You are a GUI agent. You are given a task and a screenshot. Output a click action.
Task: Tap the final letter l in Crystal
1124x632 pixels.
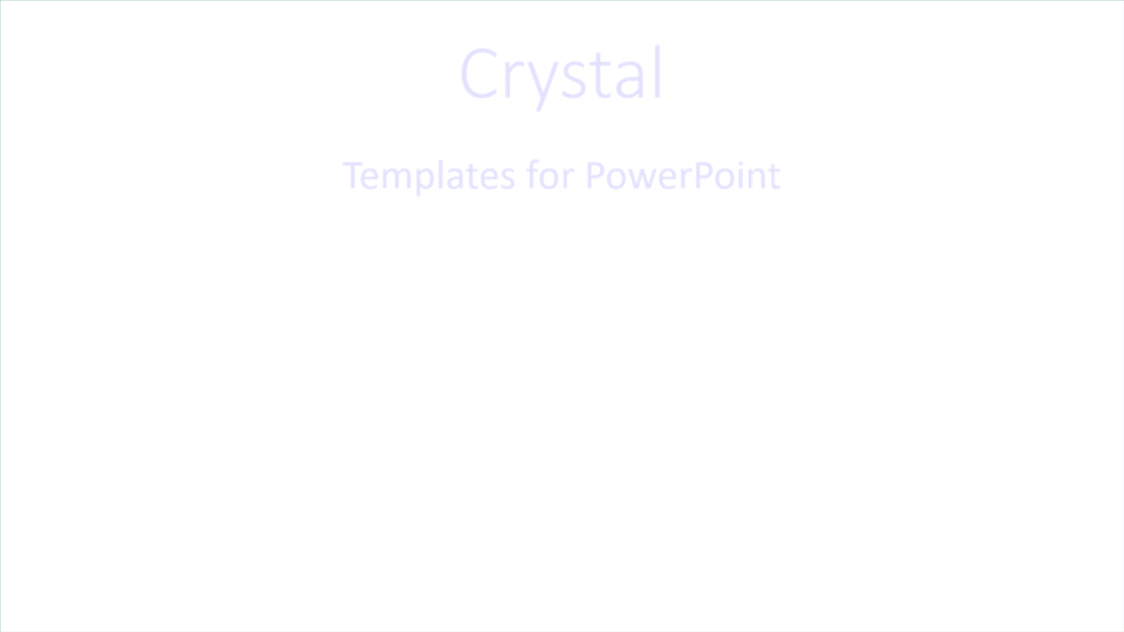pyautogui.click(x=658, y=73)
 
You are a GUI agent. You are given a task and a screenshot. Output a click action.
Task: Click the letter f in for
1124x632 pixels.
pyautogui.click(x=532, y=175)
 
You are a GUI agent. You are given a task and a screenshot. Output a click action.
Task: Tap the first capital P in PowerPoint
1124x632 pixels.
pyautogui.click(x=595, y=176)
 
